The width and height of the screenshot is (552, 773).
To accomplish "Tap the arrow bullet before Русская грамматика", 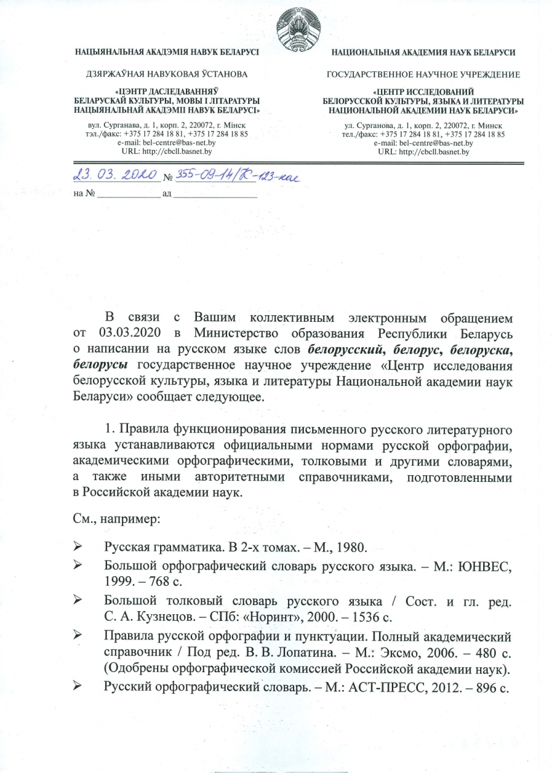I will coord(77,547).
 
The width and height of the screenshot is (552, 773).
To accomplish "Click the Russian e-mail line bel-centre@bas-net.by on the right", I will coord(423,143).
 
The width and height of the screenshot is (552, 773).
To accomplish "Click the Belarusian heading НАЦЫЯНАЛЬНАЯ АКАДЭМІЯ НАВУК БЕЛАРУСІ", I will coord(167,53).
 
